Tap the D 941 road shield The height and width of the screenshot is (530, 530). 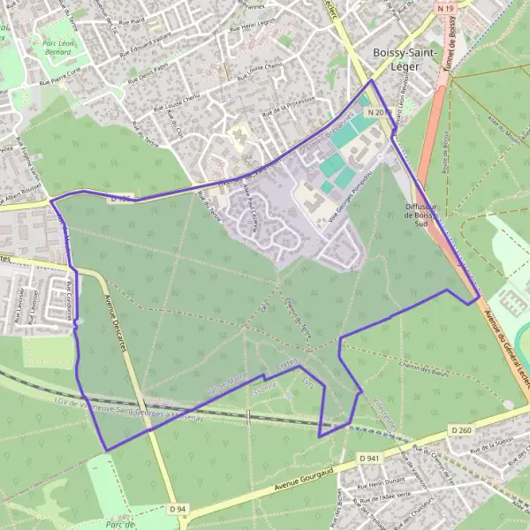pyautogui.click(x=369, y=458)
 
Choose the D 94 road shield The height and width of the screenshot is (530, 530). pyautogui.click(x=178, y=509)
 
